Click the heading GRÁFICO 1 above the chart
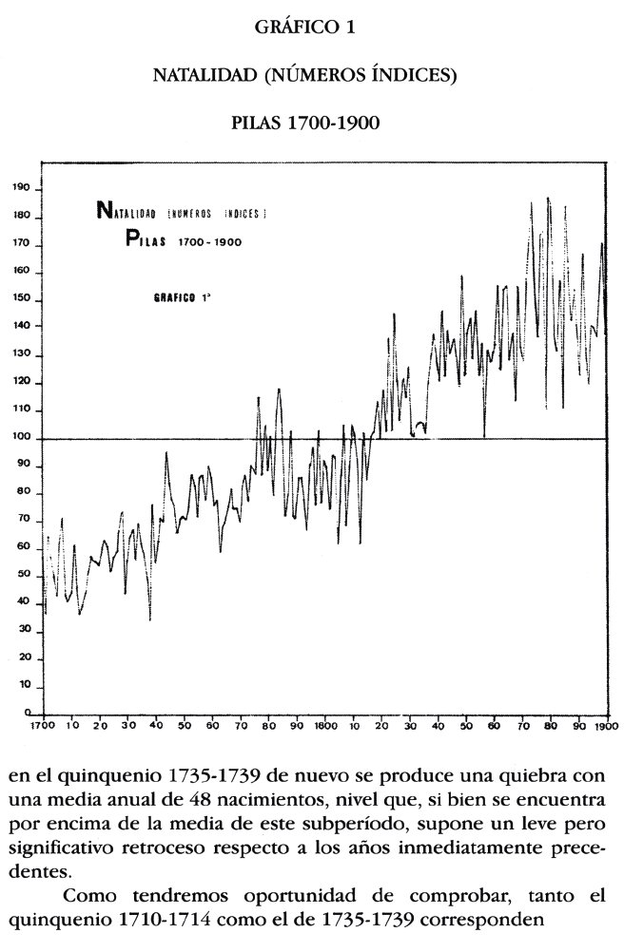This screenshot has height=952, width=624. [x=305, y=29]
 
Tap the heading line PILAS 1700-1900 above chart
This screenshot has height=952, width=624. [x=305, y=124]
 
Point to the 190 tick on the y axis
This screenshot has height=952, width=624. [x=21, y=189]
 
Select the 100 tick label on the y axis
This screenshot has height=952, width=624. [x=21, y=438]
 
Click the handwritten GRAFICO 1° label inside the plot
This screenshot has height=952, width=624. [x=182, y=297]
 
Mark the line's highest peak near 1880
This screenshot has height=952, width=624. [x=548, y=199]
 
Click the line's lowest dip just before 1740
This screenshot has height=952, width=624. [x=150, y=619]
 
